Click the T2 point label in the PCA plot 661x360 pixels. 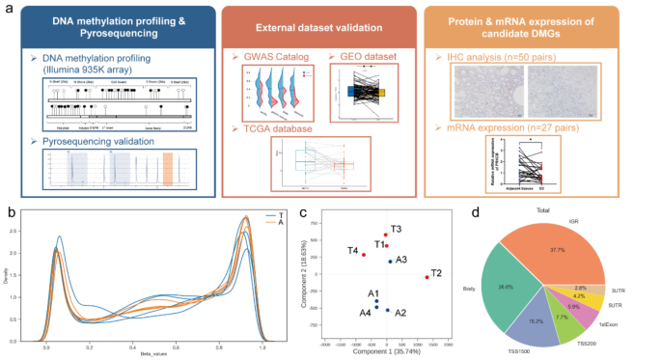437,273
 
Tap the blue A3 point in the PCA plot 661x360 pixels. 390,262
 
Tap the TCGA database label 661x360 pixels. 281,127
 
